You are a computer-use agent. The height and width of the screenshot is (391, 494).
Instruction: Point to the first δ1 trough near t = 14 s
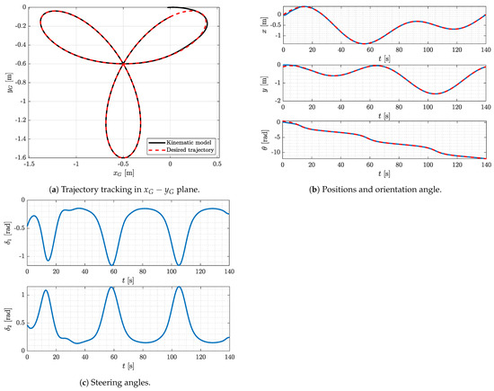tap(48, 260)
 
